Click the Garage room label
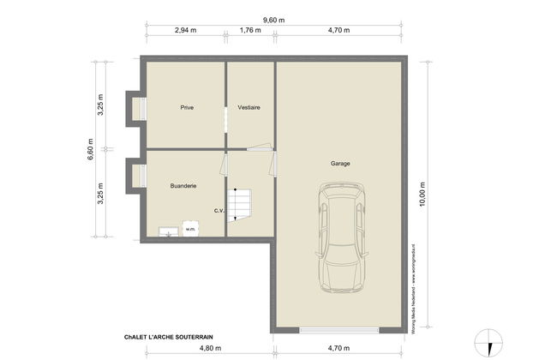pyautogui.click(x=340, y=163)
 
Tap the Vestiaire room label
pyautogui.click(x=249, y=107)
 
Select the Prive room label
pyautogui.click(x=186, y=107)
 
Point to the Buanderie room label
pyautogui.click(x=183, y=184)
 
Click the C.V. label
pyautogui.click(x=219, y=211)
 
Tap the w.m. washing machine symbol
pyautogui.click(x=189, y=229)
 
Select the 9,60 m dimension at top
pyautogui.click(x=273, y=19)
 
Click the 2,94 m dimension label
pyautogui.click(x=185, y=30)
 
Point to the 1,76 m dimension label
pyautogui.click(x=249, y=30)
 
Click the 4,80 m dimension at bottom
pyautogui.click(x=210, y=349)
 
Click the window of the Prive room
pyautogui.click(x=136, y=107)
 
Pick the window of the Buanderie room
pyautogui.click(x=136, y=177)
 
